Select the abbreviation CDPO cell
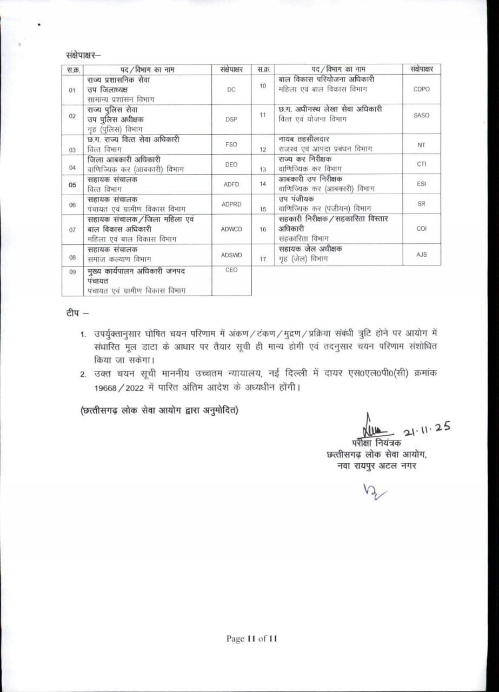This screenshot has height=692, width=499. pyautogui.click(x=421, y=89)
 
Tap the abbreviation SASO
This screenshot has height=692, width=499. pyautogui.click(x=421, y=116)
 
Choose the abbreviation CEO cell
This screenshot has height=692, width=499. pyautogui.click(x=231, y=270)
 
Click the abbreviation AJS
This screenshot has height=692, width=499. pyautogui.click(x=421, y=254)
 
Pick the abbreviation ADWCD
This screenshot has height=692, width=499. pyautogui.click(x=231, y=229)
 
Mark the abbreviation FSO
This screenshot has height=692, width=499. pyautogui.click(x=231, y=144)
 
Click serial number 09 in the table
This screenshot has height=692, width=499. pyautogui.click(x=72, y=272)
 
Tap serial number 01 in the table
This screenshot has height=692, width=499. pyautogui.click(x=72, y=90)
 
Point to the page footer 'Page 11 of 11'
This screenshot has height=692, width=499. pyautogui.click(x=252, y=638)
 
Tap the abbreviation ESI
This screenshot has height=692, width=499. pyautogui.click(x=421, y=184)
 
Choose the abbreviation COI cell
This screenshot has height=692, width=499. pyautogui.click(x=421, y=229)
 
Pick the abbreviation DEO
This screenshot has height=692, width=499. pyautogui.click(x=231, y=164)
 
